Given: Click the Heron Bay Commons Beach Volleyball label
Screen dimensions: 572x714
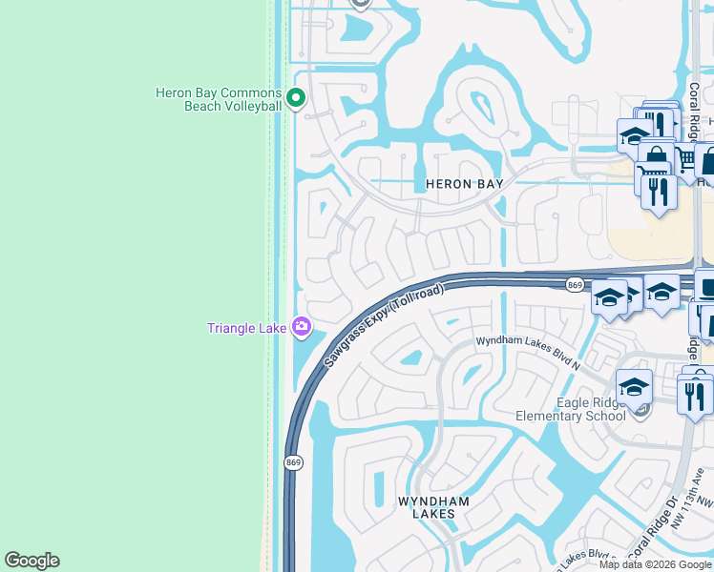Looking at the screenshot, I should point(219,99).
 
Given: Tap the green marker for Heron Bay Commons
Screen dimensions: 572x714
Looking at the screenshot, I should point(296,97).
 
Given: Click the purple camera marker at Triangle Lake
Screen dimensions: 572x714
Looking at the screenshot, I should point(302,328).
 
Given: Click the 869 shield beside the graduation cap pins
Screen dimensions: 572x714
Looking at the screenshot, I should point(575,285).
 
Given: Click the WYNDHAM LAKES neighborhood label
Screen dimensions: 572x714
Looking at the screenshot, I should point(427,507).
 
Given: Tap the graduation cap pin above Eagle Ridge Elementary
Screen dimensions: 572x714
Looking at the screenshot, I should point(634,387).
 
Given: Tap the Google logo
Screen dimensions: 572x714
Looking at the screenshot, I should point(31,561).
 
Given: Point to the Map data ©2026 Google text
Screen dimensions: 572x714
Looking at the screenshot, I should point(655,564).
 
